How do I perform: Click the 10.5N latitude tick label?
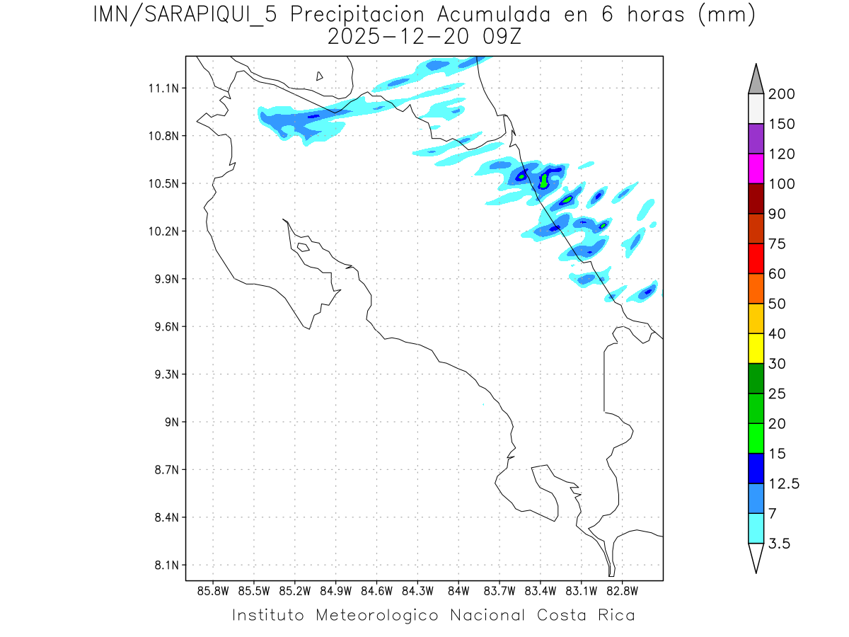161,184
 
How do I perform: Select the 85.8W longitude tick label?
213,590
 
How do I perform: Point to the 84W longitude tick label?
458,590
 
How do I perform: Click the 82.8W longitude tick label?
622,590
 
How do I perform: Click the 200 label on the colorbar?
782,94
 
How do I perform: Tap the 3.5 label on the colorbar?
779,544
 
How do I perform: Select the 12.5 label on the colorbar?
783,483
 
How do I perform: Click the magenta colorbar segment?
756,168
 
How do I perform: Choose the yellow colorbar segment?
756,348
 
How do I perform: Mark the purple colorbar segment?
756,139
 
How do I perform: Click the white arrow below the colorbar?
756,558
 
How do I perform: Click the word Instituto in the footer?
268,615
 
